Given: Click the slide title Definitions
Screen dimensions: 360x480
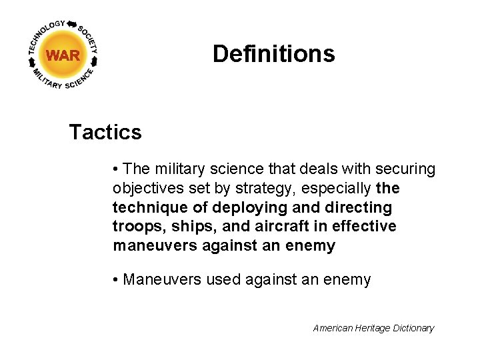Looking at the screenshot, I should (x=273, y=54).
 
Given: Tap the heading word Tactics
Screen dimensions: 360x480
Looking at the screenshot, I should (x=105, y=132).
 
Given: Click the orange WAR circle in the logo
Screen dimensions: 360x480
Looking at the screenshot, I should (x=63, y=55).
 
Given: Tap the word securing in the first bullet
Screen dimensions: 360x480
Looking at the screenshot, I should (x=406, y=169).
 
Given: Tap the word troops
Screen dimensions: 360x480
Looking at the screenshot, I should (x=135, y=227).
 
